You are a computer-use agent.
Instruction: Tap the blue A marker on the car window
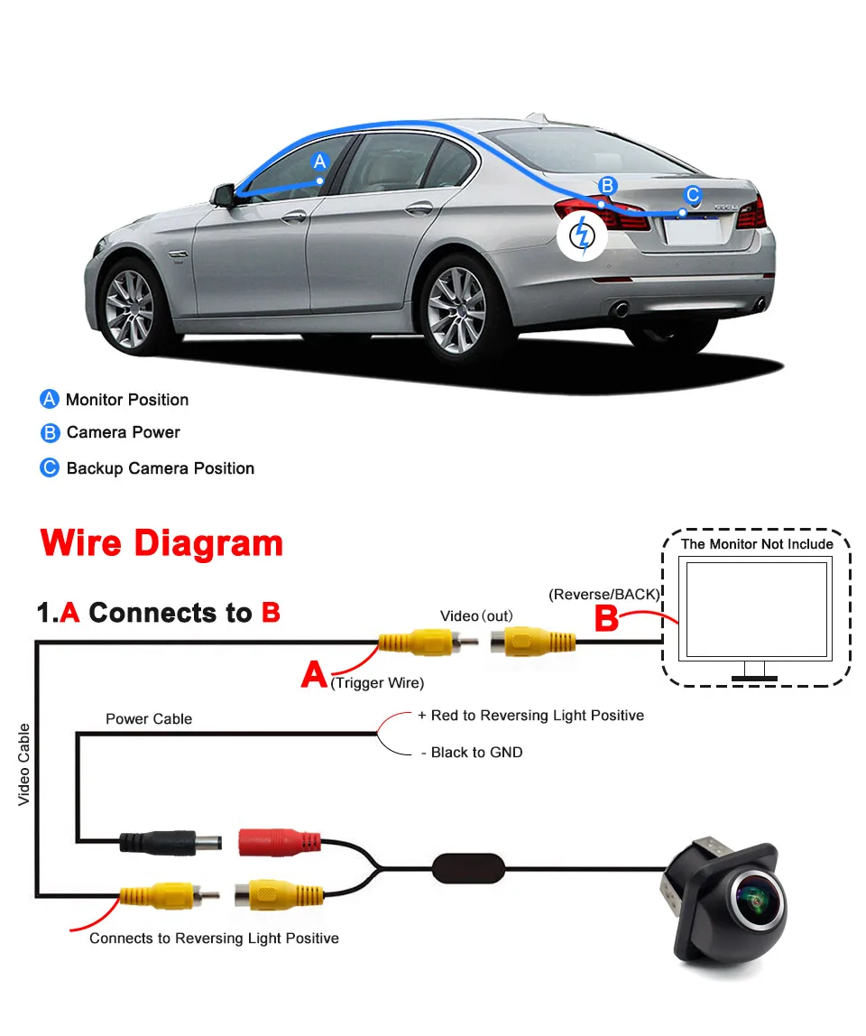(318, 162)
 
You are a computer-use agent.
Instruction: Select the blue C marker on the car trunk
(692, 194)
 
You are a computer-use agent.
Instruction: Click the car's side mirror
(223, 194)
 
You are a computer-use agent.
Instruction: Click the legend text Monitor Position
(127, 400)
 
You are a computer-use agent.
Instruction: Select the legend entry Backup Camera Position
(161, 468)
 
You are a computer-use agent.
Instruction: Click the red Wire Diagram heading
(162, 543)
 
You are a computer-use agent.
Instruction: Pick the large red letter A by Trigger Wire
(314, 673)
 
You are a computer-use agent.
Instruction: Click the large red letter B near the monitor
(608, 619)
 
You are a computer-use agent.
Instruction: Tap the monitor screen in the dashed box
(757, 611)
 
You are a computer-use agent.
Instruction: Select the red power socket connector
(280, 843)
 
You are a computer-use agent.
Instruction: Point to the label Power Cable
(149, 719)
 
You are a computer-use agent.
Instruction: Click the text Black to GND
(476, 753)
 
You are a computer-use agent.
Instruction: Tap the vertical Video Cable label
(24, 763)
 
